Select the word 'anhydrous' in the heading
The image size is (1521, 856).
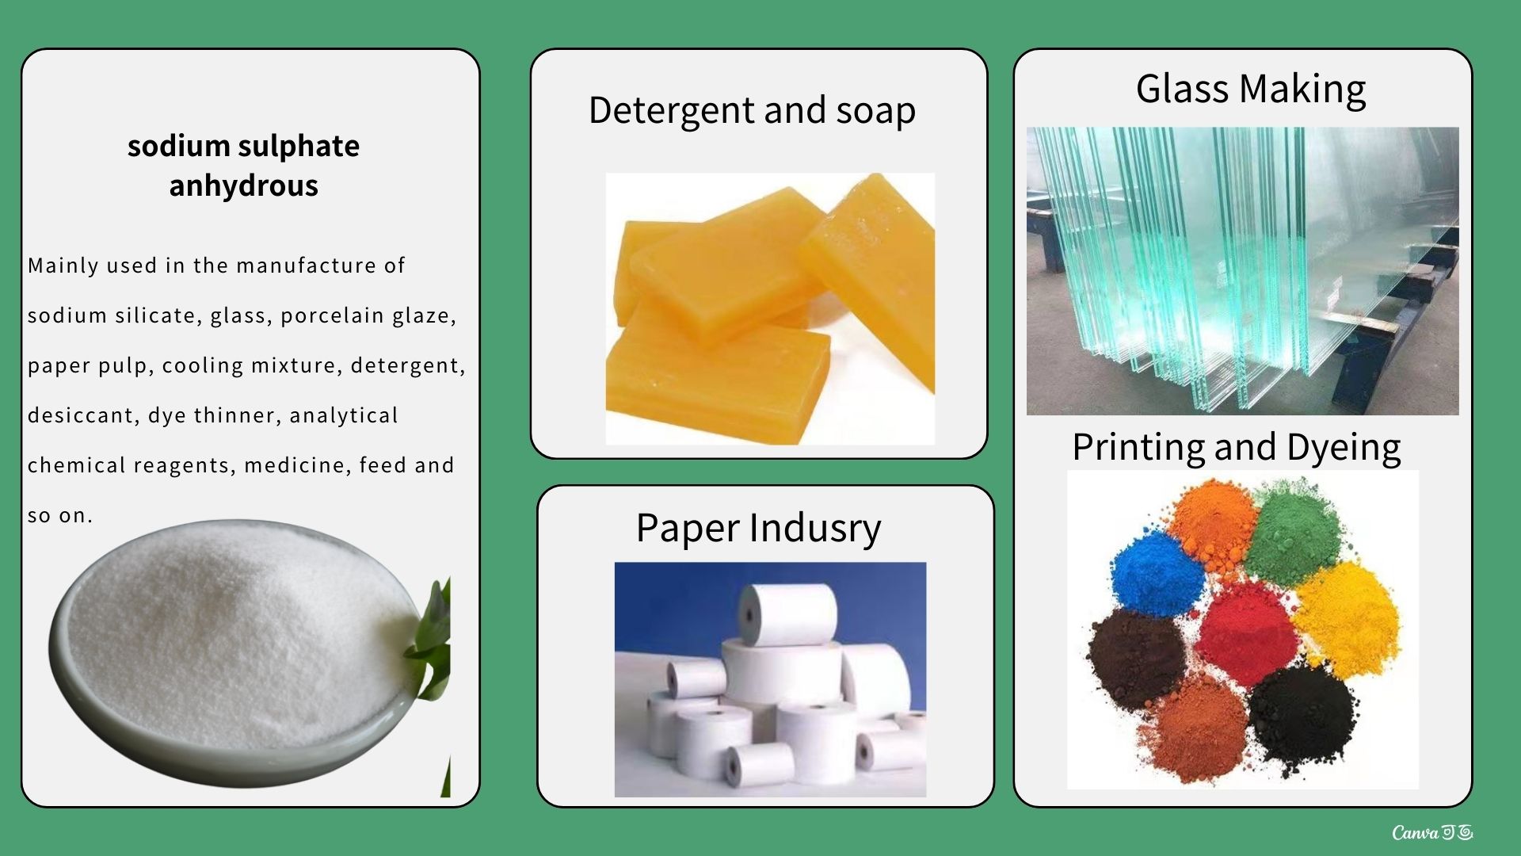(244, 185)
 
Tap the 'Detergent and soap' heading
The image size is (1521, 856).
(752, 110)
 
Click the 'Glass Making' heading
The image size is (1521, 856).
(1251, 88)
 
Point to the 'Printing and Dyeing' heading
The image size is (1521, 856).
(1236, 448)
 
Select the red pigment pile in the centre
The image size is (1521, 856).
(1246, 632)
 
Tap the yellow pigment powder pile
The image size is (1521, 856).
(1347, 618)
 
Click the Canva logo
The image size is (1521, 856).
(1432, 832)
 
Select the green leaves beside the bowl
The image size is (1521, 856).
(433, 642)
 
